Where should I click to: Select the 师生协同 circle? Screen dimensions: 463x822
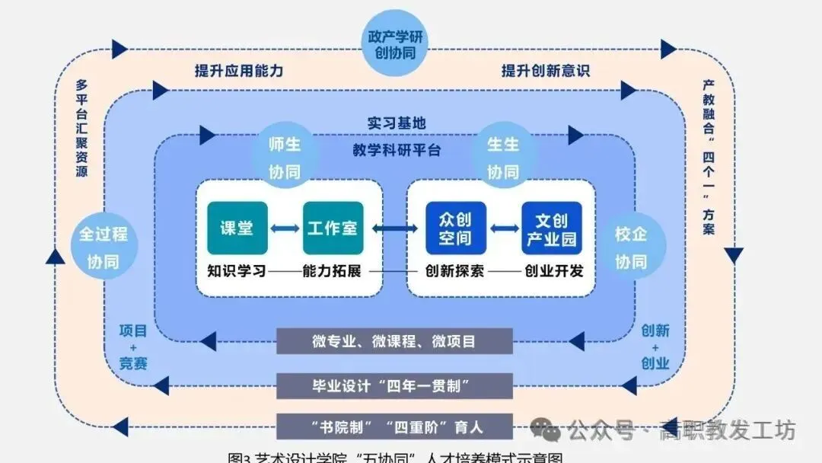click(284, 157)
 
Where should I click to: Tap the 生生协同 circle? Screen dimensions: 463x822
click(502, 157)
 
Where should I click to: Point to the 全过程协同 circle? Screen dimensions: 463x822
click(103, 247)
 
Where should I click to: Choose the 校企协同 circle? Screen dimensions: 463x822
click(630, 247)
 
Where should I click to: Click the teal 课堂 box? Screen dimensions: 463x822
click(237, 228)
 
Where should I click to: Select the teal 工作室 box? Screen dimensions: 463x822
click(333, 228)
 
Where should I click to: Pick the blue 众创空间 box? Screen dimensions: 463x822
click(454, 228)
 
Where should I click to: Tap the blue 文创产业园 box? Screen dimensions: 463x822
click(552, 228)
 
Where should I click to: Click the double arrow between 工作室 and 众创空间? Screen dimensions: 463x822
click(393, 228)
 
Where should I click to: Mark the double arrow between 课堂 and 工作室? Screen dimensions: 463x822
click(285, 228)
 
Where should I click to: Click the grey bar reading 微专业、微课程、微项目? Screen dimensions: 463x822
click(394, 341)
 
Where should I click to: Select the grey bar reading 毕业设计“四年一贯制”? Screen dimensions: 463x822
click(394, 385)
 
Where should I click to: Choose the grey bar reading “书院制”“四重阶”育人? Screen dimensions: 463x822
click(394, 426)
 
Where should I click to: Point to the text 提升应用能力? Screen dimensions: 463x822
click(239, 71)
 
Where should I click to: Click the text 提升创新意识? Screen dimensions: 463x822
click(546, 71)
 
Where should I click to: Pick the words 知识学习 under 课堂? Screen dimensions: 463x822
click(237, 270)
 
